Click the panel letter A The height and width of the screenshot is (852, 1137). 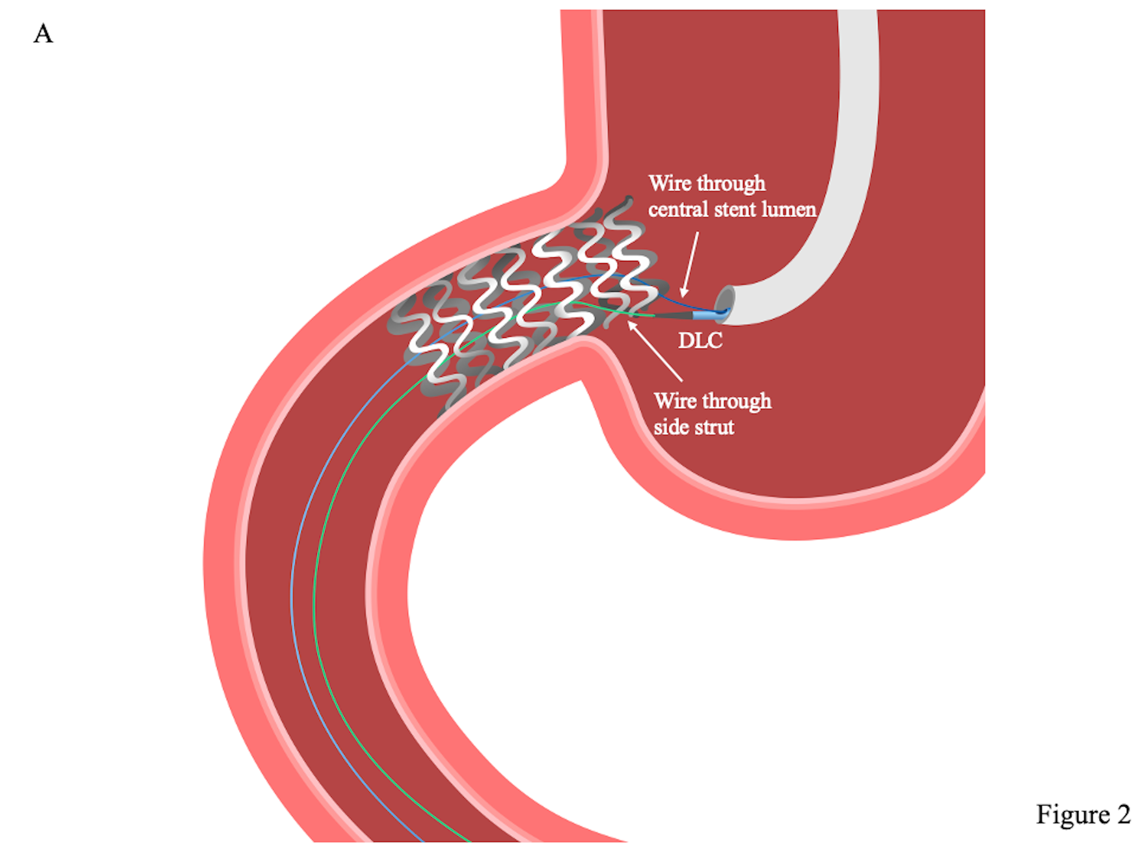tap(43, 34)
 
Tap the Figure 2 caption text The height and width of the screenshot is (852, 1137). tap(1082, 815)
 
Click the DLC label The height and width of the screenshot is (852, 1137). tap(700, 340)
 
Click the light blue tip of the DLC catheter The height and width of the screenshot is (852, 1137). tap(703, 314)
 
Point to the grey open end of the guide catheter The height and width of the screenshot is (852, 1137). tap(725, 303)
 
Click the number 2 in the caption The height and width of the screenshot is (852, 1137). tap(1123, 815)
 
